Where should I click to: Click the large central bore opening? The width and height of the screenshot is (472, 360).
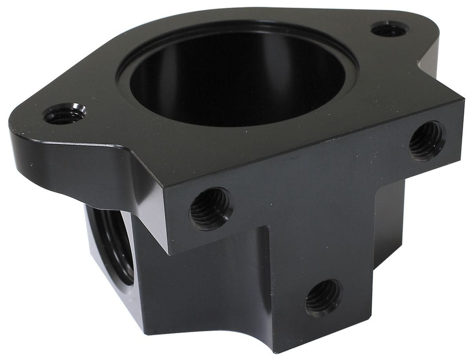tap(237, 77)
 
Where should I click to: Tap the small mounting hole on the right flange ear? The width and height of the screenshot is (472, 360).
tap(389, 29)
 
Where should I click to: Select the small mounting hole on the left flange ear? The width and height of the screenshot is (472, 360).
tap(65, 114)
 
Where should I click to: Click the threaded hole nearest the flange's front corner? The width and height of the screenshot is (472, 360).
tap(210, 208)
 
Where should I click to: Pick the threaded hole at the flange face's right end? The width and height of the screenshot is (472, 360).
tap(427, 140)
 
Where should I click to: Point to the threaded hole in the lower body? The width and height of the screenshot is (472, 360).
tap(323, 297)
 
